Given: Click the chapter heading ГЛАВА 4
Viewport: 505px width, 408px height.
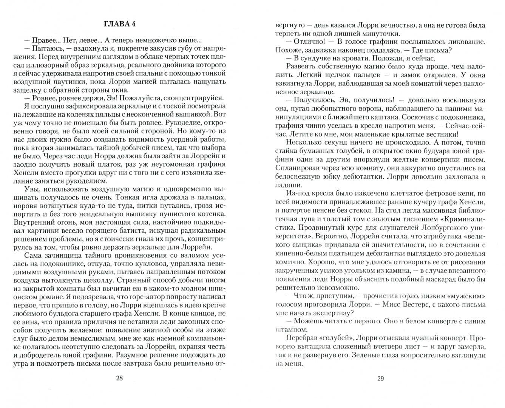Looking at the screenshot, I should (x=119, y=24).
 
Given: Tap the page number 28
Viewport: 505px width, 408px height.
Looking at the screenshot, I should (x=119, y=379).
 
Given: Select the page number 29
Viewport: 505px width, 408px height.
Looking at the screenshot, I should (x=380, y=379).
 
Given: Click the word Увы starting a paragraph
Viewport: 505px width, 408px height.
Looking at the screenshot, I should (x=32, y=189).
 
